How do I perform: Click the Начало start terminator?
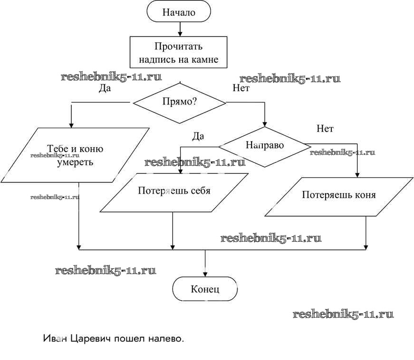[x=179, y=12]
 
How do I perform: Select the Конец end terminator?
[x=205, y=289]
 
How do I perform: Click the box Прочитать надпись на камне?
[x=179, y=53]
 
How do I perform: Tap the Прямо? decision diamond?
[x=179, y=102]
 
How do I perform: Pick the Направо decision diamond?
[x=265, y=146]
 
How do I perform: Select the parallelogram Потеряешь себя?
[x=174, y=191]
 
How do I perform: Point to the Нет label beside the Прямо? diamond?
[x=241, y=88]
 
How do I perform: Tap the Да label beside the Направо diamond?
[x=198, y=136]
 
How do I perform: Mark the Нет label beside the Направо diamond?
[x=325, y=129]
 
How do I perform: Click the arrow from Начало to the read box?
[x=179, y=29]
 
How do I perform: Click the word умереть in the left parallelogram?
[x=75, y=161]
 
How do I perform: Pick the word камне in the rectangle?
[x=203, y=60]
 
